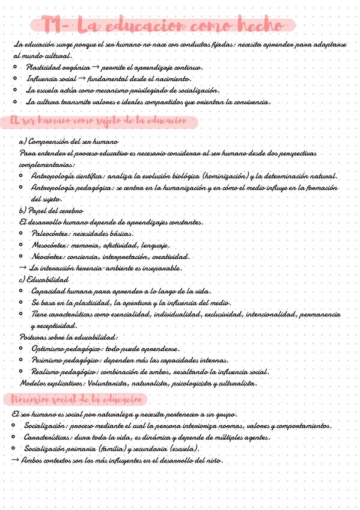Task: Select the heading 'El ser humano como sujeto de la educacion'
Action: [100, 121]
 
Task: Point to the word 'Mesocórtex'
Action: [50, 245]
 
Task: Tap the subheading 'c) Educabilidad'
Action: [44, 280]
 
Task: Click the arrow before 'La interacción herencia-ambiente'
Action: [23, 268]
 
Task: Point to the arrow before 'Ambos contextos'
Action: [16, 461]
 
